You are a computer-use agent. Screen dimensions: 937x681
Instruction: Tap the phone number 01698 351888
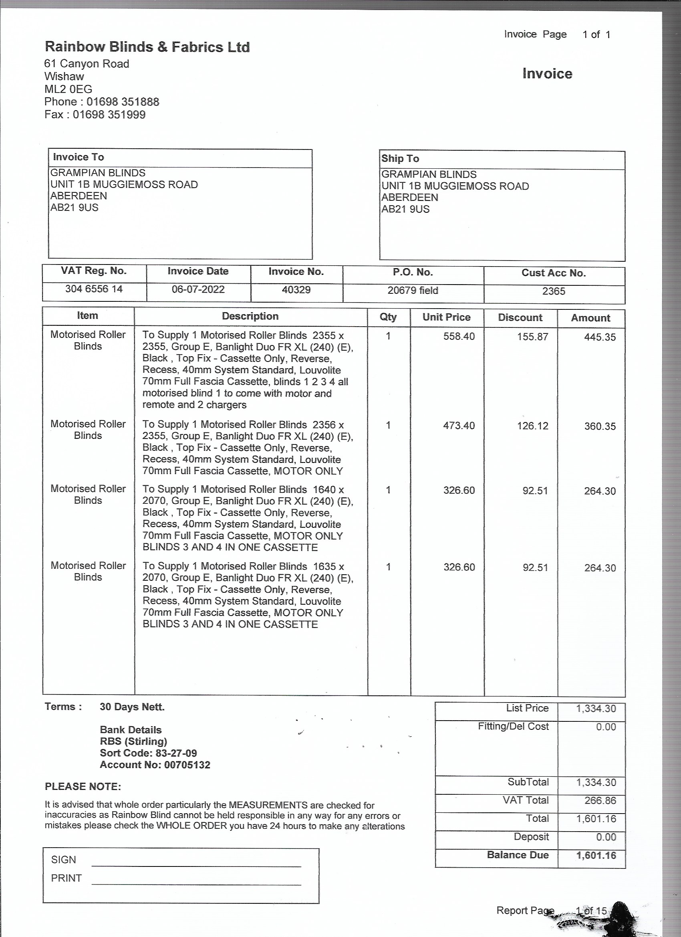pyautogui.click(x=123, y=102)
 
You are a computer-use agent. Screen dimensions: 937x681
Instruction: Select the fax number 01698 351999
pyautogui.click(x=109, y=115)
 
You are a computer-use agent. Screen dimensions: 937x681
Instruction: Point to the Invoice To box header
pyautogui.click(x=79, y=157)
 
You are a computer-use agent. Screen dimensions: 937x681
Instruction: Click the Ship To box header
pyautogui.click(x=400, y=159)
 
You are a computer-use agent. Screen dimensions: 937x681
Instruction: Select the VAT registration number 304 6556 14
pyautogui.click(x=94, y=289)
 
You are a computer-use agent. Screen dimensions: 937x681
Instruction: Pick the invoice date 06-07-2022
pyautogui.click(x=198, y=289)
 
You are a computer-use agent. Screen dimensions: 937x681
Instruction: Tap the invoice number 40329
pyautogui.click(x=296, y=290)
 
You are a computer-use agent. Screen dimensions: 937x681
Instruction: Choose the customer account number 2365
pyautogui.click(x=553, y=291)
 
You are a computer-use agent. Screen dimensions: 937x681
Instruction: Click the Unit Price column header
pyautogui.click(x=446, y=317)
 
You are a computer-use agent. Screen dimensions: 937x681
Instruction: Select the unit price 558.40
pyautogui.click(x=459, y=336)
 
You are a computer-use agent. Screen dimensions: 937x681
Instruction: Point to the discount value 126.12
pyautogui.click(x=532, y=426)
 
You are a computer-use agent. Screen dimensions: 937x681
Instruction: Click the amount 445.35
pyautogui.click(x=599, y=337)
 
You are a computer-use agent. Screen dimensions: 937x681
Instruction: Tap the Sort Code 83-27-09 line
pyautogui.click(x=148, y=753)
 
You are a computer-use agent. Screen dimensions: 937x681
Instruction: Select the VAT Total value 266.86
pyautogui.click(x=600, y=800)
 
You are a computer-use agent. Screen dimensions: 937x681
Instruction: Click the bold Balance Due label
pyautogui.click(x=518, y=855)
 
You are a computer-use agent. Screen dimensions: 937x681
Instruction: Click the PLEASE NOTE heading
pyautogui.click(x=83, y=786)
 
